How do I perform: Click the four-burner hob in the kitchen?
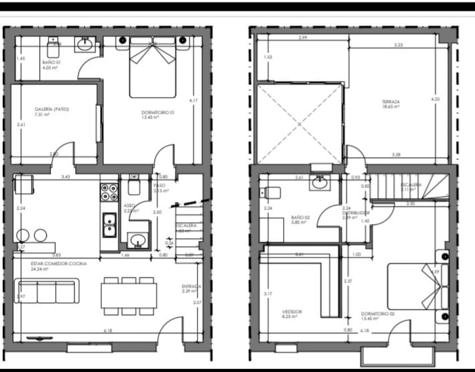(x=109, y=192)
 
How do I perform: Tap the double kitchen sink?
(x=109, y=225)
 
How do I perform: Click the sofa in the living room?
(x=47, y=291)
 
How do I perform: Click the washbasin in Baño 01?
(x=84, y=44)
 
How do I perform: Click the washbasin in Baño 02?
(x=321, y=182)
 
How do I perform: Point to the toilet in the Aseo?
(x=134, y=186)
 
